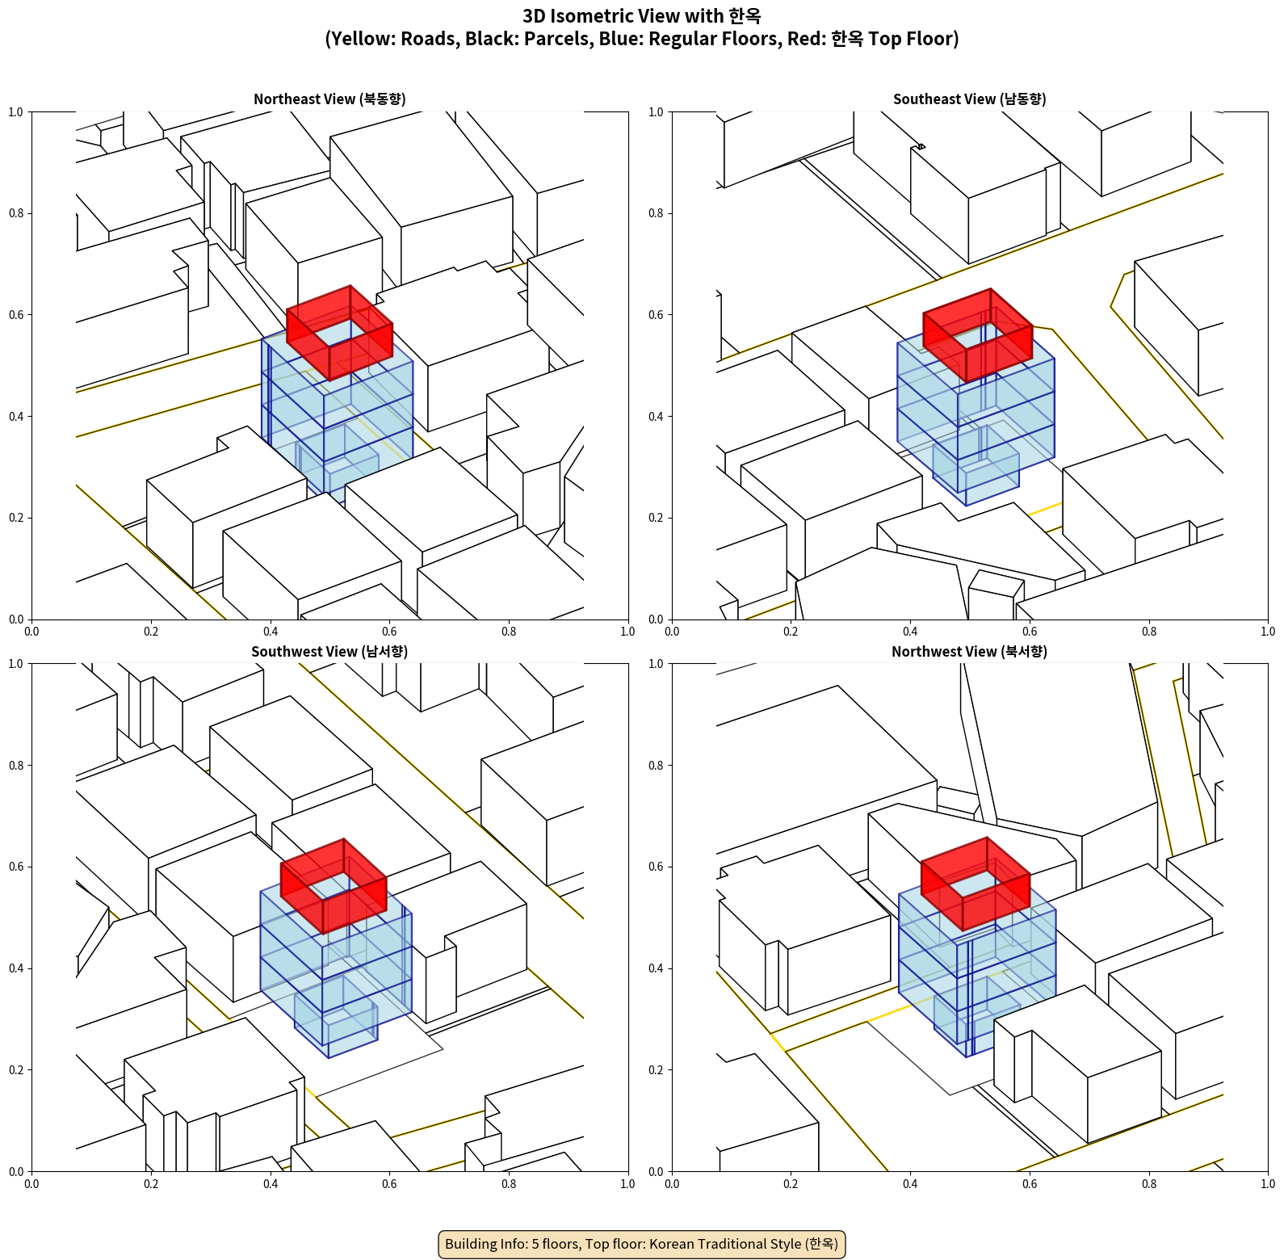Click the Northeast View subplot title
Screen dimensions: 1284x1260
tap(329, 99)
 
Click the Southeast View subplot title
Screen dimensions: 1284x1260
tap(969, 99)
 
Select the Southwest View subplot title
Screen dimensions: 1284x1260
tap(329, 652)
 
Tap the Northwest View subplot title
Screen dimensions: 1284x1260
tap(969, 652)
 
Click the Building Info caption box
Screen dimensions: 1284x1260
tap(642, 1244)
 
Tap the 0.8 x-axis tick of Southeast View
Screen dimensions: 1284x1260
tap(1149, 632)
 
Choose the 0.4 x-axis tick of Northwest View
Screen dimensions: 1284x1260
tap(910, 1184)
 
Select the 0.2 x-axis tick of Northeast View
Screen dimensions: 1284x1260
tap(151, 632)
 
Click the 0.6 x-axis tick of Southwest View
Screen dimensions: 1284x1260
tap(389, 1184)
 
